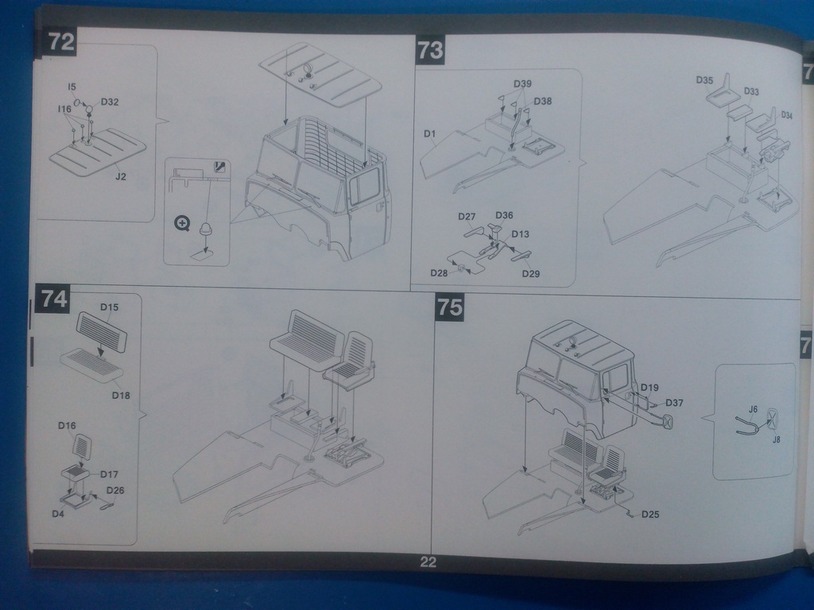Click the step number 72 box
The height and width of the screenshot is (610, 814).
(60, 41)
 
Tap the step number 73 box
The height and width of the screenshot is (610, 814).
(430, 51)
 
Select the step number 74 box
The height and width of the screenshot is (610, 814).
(54, 299)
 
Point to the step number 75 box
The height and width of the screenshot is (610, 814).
(449, 307)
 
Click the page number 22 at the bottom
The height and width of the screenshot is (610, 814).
(428, 562)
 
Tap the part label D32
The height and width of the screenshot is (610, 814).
(110, 102)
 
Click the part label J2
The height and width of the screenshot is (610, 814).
(120, 176)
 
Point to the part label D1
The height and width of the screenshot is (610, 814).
(430, 133)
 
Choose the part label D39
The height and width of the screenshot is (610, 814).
(522, 84)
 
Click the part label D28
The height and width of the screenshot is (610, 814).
(439, 273)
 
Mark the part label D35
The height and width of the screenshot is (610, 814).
(704, 80)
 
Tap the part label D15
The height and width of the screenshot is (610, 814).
(110, 307)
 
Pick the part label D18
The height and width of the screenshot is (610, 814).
(121, 395)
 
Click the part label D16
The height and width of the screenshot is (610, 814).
(67, 426)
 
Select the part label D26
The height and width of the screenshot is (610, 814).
(114, 490)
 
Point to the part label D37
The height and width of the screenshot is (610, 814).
(674, 403)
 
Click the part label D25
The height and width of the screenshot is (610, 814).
(650, 514)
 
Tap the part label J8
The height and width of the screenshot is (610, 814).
(777, 438)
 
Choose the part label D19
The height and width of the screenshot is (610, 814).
(649, 388)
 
